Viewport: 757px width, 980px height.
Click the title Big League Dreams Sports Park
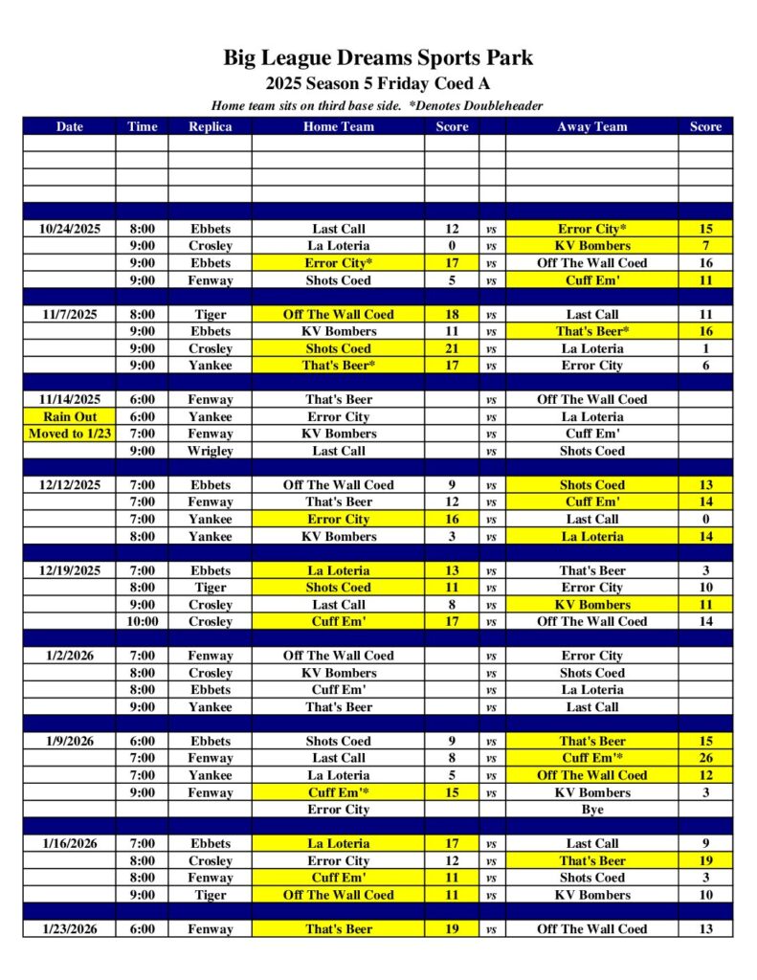(x=378, y=57)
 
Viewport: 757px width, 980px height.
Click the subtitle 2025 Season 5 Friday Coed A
(x=378, y=83)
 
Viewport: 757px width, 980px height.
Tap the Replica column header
(x=210, y=126)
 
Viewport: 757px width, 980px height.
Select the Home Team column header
(x=338, y=126)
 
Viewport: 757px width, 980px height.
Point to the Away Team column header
(x=591, y=126)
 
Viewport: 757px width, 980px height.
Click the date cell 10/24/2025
(x=69, y=230)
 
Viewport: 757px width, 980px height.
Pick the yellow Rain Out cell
(x=69, y=417)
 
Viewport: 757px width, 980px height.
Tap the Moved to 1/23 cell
(x=69, y=434)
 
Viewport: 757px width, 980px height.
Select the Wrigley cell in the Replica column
(x=210, y=451)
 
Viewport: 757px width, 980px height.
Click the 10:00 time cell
(x=142, y=622)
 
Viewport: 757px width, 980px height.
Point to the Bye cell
(x=591, y=810)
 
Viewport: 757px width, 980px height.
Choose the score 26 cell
(x=705, y=758)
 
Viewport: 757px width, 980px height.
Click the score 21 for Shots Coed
(x=452, y=348)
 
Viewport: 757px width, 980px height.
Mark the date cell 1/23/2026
(x=69, y=929)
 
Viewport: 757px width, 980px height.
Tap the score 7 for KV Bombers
(x=705, y=246)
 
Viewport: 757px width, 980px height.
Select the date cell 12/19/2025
(x=69, y=571)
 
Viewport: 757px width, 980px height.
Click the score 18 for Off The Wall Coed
(x=452, y=314)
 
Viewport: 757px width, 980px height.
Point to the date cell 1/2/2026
(x=69, y=656)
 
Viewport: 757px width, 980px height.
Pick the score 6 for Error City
(x=705, y=366)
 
